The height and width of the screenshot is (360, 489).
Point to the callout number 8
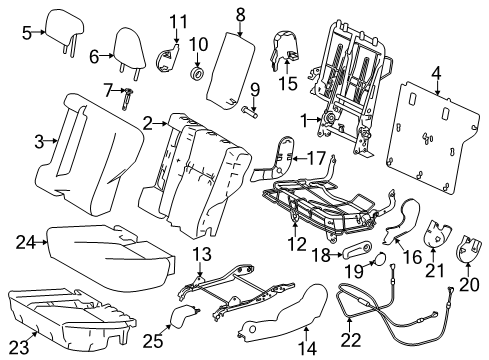pyautogui.click(x=240, y=13)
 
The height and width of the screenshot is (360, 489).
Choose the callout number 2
pyautogui.click(x=146, y=123)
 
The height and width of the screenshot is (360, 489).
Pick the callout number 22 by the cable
pyautogui.click(x=350, y=340)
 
